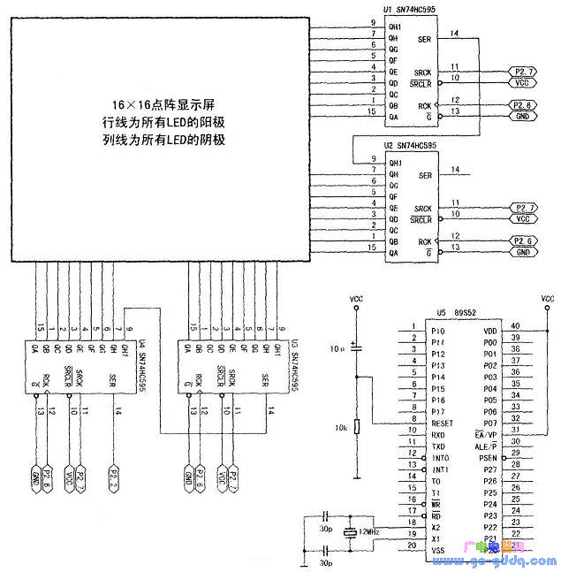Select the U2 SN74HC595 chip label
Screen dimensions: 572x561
(409, 144)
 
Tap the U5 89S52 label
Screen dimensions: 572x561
(457, 313)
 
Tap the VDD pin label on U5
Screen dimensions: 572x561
(491, 330)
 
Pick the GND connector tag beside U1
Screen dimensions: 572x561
(523, 116)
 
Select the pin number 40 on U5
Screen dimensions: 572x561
(515, 325)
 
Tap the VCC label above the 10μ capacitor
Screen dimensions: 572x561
(356, 298)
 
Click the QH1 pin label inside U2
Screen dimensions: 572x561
(395, 163)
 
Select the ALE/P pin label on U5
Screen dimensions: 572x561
(486, 446)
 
